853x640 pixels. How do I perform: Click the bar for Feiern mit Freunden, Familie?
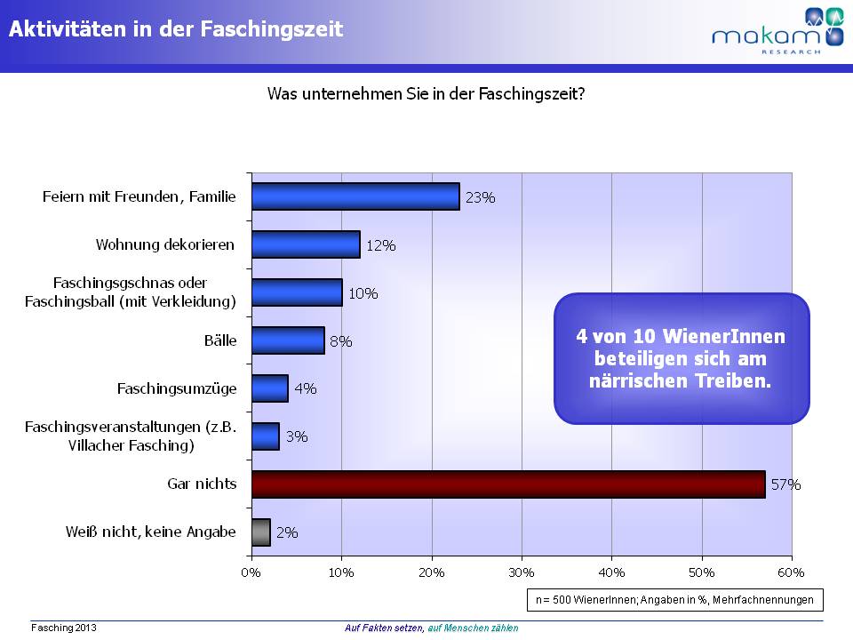[355, 196]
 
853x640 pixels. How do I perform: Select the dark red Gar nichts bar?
[507, 484]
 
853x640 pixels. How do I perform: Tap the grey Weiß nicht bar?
[260, 532]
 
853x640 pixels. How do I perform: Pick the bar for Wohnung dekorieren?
[306, 244]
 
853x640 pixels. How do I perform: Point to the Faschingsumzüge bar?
[270, 388]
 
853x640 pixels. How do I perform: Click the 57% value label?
[785, 485]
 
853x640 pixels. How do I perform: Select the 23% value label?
[480, 197]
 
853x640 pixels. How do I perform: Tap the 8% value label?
[341, 340]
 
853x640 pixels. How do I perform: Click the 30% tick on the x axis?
[522, 571]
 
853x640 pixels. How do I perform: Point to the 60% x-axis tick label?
[791, 571]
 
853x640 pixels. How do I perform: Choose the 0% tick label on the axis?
[251, 571]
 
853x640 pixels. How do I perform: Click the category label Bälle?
[219, 340]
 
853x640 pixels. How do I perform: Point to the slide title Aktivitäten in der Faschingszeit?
[176, 29]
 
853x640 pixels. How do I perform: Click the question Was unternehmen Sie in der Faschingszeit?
[426, 92]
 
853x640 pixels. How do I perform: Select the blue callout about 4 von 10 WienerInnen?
[682, 358]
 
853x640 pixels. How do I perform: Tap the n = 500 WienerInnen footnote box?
[674, 599]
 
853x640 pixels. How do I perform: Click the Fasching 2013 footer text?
[63, 628]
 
